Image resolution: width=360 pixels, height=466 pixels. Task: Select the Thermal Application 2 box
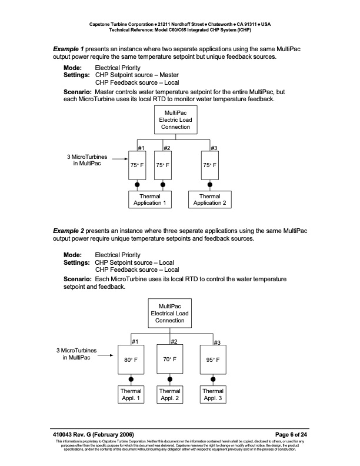tap(210, 199)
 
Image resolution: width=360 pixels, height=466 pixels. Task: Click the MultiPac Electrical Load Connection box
tap(170, 313)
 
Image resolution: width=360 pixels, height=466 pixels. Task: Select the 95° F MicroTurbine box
tap(213, 359)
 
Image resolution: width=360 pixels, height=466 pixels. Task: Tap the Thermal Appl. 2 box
tap(170, 394)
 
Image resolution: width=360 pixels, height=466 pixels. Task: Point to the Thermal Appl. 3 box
tap(213, 394)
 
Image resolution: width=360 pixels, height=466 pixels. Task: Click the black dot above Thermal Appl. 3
tap(213, 379)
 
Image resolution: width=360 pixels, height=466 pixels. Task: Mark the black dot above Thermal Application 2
tap(210, 185)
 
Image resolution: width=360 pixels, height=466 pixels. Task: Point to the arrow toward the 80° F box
tap(106, 355)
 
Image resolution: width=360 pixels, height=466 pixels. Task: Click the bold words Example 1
tap(69, 47)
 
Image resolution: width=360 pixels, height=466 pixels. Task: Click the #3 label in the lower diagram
tap(216, 342)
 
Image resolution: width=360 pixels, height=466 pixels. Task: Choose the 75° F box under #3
tap(210, 166)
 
